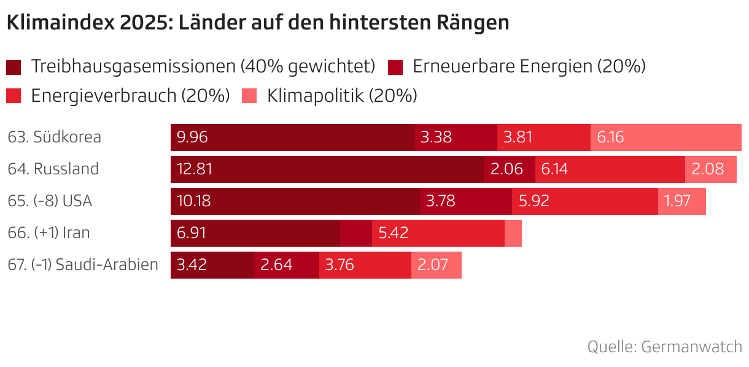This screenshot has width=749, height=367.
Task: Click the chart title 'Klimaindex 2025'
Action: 258,23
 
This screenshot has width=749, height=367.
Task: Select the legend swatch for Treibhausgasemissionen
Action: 14,66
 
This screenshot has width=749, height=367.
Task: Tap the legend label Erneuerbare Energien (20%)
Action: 529,66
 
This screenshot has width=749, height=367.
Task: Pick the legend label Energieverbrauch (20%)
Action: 130,96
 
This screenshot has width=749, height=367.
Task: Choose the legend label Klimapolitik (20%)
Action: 342,96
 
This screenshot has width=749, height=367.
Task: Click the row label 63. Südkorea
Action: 55,137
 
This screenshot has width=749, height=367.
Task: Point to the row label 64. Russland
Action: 53,169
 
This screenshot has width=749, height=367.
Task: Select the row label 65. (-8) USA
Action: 50,201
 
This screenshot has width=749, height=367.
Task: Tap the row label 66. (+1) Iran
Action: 49,233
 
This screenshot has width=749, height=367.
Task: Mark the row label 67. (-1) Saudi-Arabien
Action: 83,265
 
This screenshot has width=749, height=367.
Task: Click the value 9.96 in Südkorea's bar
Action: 192,137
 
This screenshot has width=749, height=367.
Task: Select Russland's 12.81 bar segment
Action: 327,169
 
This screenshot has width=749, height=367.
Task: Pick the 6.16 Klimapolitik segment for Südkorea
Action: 666,137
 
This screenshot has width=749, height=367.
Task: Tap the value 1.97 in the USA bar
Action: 678,201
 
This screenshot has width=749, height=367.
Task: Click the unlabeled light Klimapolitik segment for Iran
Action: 513,233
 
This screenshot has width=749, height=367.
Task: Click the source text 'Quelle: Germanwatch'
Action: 664,346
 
